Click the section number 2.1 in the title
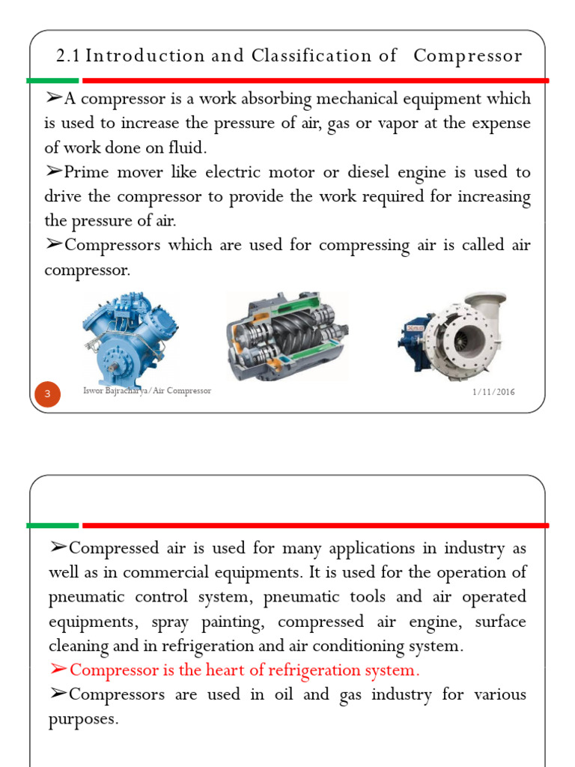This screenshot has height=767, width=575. click(69, 56)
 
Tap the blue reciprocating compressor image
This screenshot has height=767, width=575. click(131, 333)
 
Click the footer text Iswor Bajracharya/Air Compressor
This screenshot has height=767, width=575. click(148, 391)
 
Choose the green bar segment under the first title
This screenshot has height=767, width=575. click(52, 80)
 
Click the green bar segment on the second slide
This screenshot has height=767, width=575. click(52, 525)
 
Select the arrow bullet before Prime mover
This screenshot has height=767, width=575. click(55, 172)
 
